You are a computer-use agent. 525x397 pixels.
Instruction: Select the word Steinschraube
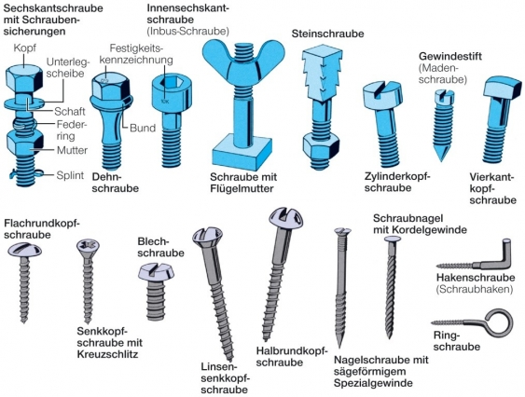click(x=327, y=34)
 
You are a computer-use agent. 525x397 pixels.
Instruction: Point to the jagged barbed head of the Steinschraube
click(x=322, y=75)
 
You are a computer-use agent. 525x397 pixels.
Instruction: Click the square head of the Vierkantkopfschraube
click(x=503, y=88)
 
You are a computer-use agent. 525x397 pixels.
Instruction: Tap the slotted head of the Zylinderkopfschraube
click(x=382, y=94)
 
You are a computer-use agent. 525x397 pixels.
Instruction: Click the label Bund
click(x=143, y=128)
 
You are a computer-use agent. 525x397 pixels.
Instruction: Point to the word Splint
click(x=70, y=175)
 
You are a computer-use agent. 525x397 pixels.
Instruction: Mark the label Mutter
click(x=72, y=150)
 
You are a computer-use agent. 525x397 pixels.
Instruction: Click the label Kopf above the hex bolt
click(x=24, y=48)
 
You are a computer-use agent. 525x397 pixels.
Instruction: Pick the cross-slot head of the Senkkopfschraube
click(x=88, y=247)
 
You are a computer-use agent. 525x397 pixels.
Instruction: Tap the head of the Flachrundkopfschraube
click(x=24, y=250)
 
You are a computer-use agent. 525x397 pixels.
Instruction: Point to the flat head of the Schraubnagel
click(x=393, y=239)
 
